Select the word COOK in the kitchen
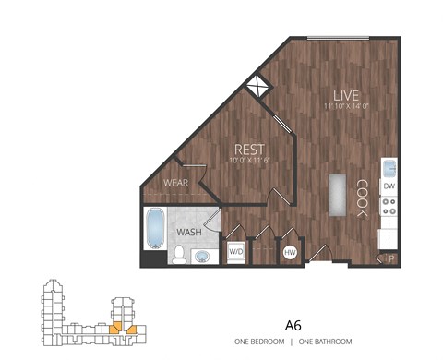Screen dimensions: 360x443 [x=362, y=198]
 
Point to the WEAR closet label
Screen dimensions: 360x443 [x=175, y=183]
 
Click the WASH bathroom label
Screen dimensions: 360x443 [x=189, y=232]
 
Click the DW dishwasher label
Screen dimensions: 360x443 [x=389, y=186]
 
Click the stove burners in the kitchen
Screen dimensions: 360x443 [x=389, y=212]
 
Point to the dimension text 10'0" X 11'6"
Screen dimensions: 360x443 [x=249, y=160]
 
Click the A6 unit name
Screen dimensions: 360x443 [x=293, y=325]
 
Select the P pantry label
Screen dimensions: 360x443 [x=389, y=258]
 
